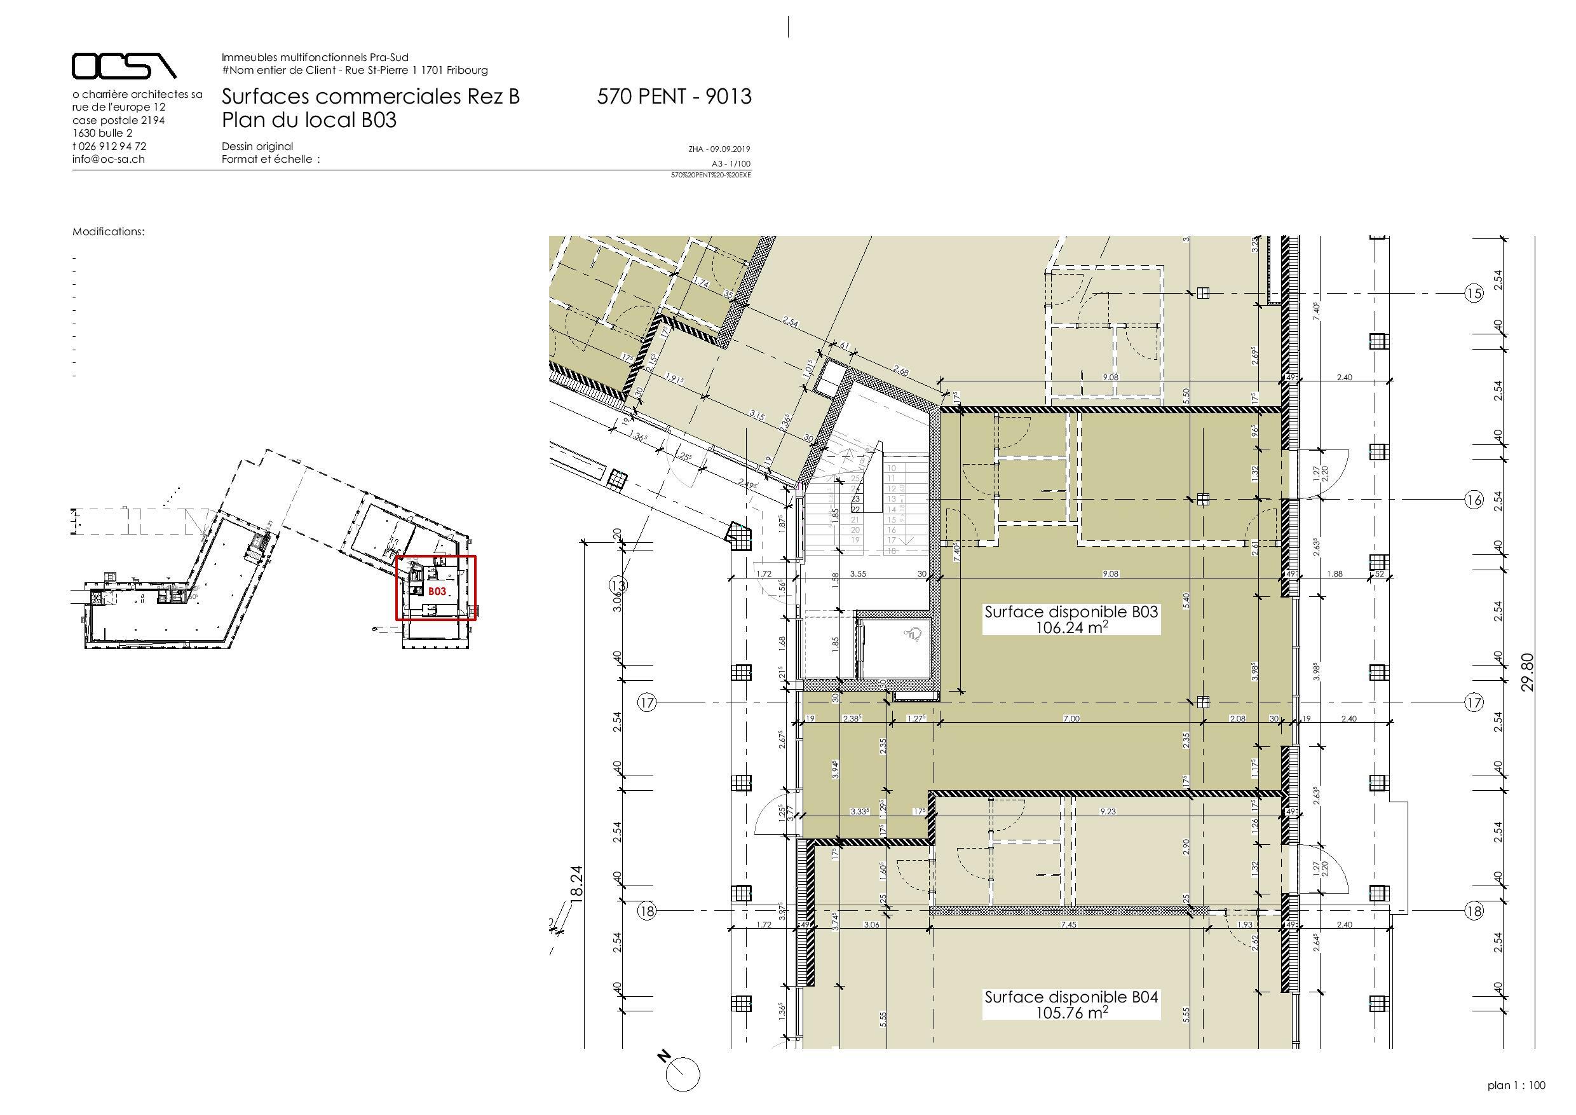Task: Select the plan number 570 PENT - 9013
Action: [x=674, y=97]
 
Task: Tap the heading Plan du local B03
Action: [x=309, y=120]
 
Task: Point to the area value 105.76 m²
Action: [x=1071, y=1012]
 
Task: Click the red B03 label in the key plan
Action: [x=437, y=591]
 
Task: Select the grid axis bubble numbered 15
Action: [x=1474, y=294]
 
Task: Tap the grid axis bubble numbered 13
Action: [x=618, y=585]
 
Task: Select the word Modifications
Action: [x=109, y=232]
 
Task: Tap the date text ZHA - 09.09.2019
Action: [x=719, y=149]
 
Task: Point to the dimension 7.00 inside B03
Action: [x=1071, y=719]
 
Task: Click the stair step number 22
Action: [x=855, y=509]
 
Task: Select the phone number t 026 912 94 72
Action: [x=109, y=146]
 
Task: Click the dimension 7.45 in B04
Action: [x=1068, y=925]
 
